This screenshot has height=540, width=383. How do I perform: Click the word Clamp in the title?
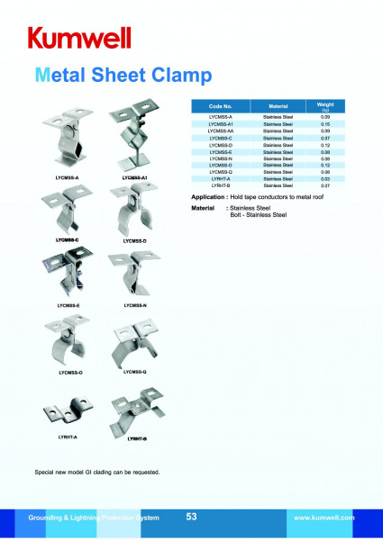click(180, 74)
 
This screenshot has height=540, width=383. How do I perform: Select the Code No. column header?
click(220, 105)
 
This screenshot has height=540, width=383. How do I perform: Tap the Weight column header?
click(325, 105)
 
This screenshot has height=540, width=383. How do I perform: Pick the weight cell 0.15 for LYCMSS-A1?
click(325, 124)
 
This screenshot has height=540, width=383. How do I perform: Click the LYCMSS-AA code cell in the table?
click(220, 131)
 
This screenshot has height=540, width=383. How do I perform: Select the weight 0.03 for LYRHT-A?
click(325, 179)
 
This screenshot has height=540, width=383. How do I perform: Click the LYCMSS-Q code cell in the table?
click(220, 172)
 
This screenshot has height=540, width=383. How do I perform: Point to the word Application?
click(209, 195)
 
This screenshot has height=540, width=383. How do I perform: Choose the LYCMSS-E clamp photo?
click(68, 276)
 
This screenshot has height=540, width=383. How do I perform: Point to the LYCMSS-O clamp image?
click(68, 342)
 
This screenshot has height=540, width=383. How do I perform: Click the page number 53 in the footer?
click(191, 517)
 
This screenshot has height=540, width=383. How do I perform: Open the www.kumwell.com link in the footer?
click(324, 518)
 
